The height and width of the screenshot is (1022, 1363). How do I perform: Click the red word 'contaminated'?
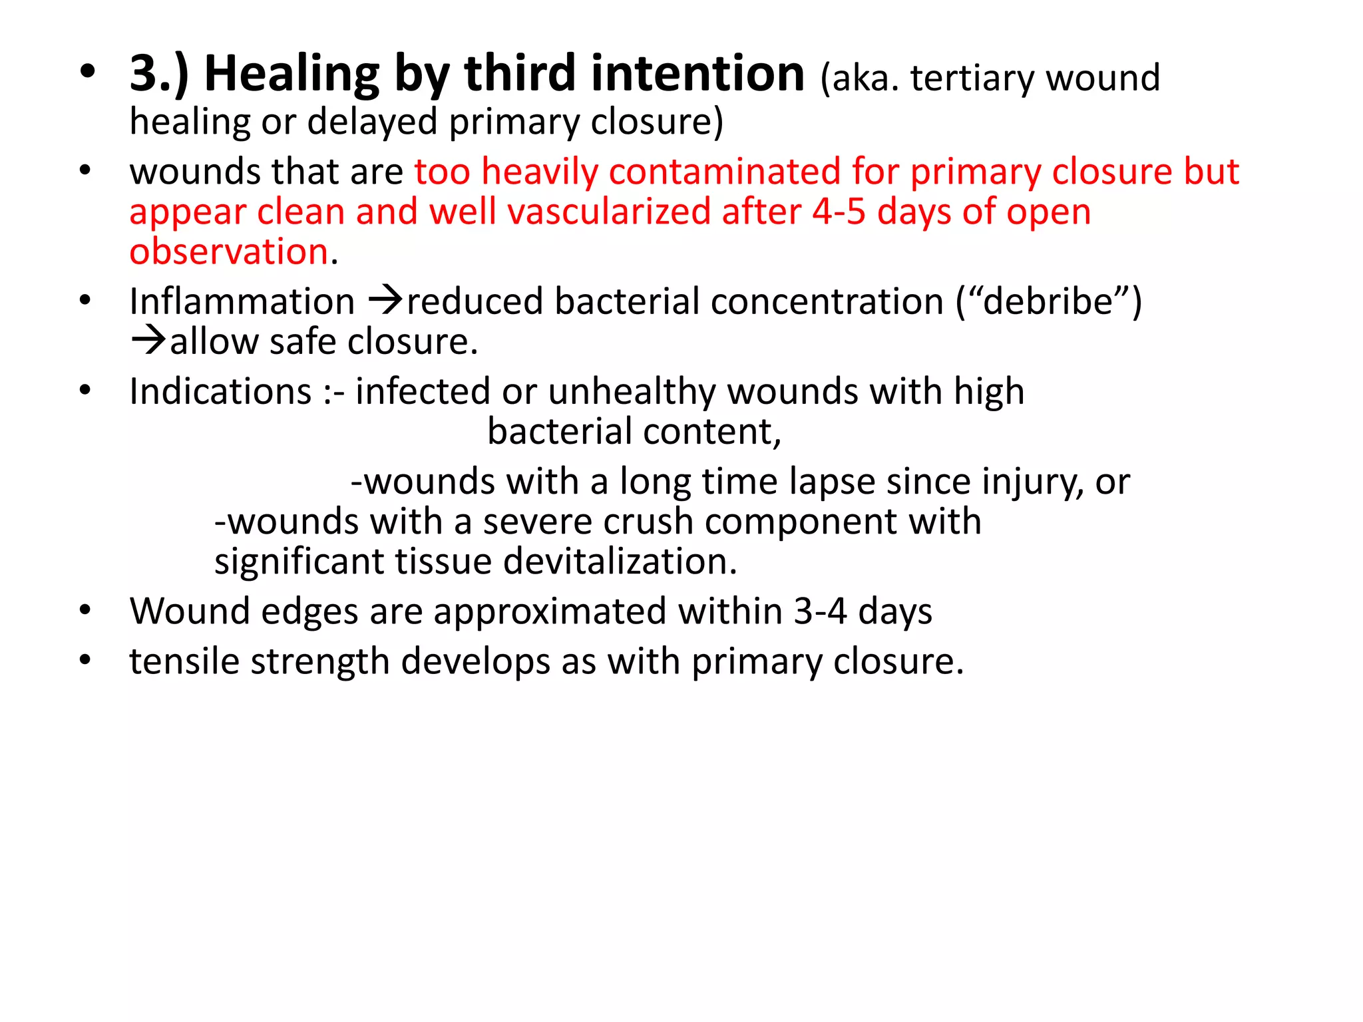click(725, 172)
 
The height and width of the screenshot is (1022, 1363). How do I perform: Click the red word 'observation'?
click(229, 252)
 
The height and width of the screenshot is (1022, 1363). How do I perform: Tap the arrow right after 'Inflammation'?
click(385, 301)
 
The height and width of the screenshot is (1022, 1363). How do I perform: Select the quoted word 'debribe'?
click(1048, 301)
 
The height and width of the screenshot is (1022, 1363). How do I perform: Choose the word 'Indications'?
click(220, 391)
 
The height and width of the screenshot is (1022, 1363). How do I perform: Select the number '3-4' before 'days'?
click(820, 611)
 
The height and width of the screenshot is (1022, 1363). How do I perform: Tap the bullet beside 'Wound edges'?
click(85, 610)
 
